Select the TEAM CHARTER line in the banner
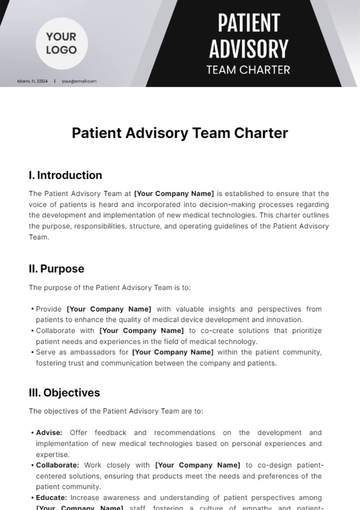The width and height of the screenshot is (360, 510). click(248, 70)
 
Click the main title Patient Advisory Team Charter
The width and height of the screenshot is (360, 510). click(180, 132)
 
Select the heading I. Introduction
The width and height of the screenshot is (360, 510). click(65, 175)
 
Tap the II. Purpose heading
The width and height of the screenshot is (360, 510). click(56, 268)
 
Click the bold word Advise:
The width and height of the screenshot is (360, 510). click(49, 433)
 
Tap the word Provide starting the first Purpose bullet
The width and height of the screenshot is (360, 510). click(50, 309)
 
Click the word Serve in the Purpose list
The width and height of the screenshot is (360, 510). click(46, 352)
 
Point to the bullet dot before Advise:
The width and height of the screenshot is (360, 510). click(32, 433)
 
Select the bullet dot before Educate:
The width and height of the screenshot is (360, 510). click(32, 497)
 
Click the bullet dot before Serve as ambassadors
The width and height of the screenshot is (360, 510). click(32, 352)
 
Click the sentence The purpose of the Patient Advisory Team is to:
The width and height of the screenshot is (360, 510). click(109, 289)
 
